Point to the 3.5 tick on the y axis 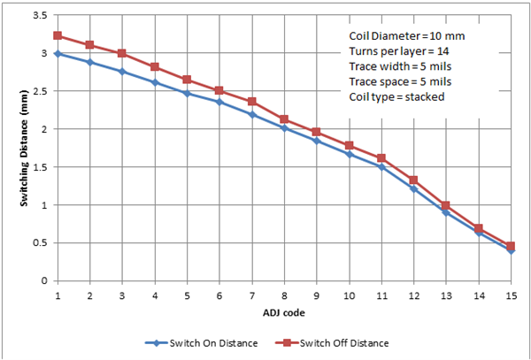tap(40, 16)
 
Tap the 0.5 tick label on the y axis tap(40, 243)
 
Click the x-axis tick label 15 tap(511, 294)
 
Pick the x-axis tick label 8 tap(284, 294)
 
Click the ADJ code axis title tap(283, 310)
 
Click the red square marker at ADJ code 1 tap(58, 36)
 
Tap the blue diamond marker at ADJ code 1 tap(58, 54)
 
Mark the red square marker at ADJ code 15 tap(511, 246)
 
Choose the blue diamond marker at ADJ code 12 tap(413, 188)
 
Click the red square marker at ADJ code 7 tap(251, 102)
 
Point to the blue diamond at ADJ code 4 tap(155, 82)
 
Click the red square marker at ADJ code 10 tap(349, 145)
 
